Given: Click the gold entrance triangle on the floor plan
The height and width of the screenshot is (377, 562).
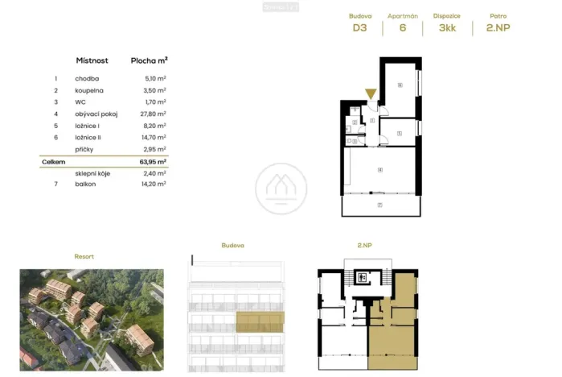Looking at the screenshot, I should pos(371,93).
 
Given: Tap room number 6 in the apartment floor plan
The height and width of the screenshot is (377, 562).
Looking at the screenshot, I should pos(400,85).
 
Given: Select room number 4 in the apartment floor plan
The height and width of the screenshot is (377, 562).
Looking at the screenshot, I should pos(379,169).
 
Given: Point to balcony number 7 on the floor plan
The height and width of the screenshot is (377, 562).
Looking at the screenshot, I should pos(379,205).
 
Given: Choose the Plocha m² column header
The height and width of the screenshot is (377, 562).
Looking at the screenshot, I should pos(149,60).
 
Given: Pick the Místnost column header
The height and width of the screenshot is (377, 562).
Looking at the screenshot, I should pos(92,60).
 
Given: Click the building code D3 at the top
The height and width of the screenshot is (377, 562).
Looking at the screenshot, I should pos(359,27).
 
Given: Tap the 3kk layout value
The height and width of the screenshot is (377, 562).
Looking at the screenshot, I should pos(446,27).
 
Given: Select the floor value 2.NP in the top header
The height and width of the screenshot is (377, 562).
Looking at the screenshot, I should pos(498,27).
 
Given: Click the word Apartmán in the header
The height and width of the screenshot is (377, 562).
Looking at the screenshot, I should pos(402,15).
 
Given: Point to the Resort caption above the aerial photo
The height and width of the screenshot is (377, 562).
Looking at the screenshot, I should pos(84,256).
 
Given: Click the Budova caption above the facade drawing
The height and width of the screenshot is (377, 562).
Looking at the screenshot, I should pos(232,245).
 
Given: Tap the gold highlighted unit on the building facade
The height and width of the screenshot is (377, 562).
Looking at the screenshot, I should pos(260,321).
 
